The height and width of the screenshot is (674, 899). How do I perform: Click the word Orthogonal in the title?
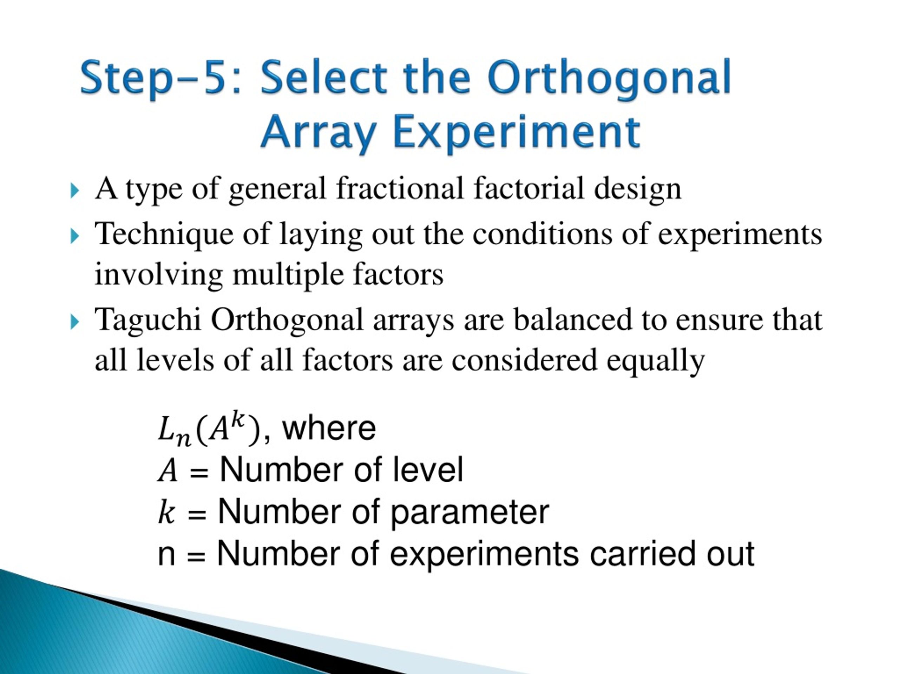click(609, 78)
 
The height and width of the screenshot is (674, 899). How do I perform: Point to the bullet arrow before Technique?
click(74, 236)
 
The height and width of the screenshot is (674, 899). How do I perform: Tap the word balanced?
click(573, 319)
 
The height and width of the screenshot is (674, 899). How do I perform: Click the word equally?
click(655, 361)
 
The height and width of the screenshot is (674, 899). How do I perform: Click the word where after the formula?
click(329, 428)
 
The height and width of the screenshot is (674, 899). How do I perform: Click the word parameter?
click(470, 513)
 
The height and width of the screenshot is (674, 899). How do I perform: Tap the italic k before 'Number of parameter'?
click(166, 511)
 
